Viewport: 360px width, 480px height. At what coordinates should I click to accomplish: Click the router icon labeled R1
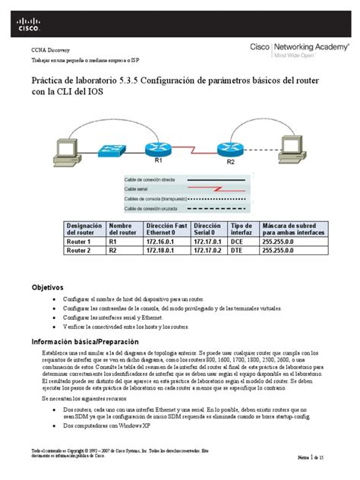coord(159,147)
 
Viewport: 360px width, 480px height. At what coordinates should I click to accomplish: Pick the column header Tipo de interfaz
coord(242,229)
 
